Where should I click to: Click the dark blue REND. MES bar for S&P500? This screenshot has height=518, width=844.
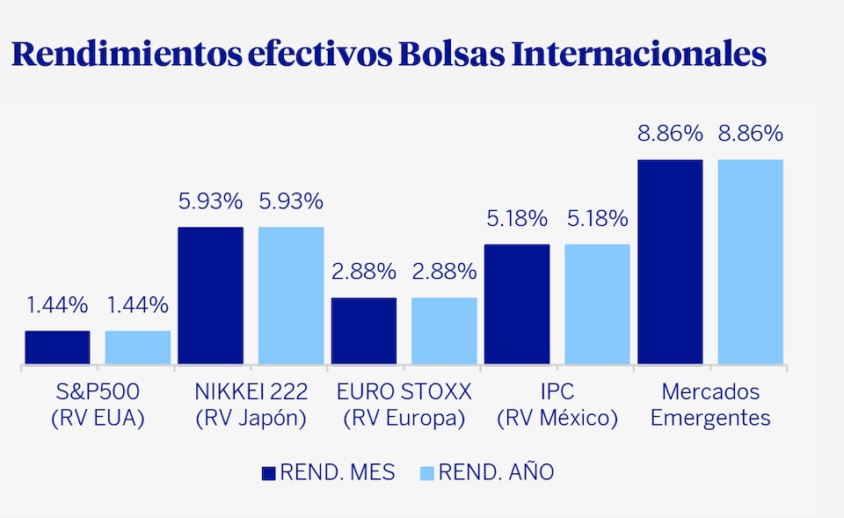pos(57,347)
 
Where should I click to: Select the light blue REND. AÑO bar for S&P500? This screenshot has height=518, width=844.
pos(138,347)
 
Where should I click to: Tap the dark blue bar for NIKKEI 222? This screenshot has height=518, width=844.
pos(210,295)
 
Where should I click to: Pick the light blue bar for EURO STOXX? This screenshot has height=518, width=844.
pos(444,331)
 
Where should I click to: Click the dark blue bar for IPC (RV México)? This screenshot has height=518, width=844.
pos(517,304)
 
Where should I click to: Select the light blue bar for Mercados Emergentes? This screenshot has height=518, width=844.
pos(750,262)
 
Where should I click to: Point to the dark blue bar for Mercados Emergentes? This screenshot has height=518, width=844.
pos(670,262)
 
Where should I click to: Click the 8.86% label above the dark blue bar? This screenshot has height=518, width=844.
pos(670,135)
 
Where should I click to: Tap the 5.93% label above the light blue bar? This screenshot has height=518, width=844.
pos(290,201)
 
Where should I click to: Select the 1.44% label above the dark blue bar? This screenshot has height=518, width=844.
pos(57,305)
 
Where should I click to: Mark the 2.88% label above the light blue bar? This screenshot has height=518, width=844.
pos(444,272)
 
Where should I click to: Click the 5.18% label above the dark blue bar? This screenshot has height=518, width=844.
pos(517,218)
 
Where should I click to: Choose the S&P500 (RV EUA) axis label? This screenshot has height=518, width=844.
pos(97,405)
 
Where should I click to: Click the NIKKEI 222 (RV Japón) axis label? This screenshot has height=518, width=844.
pos(251,405)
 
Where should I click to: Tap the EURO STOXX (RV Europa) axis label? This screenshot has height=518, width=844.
pos(404,405)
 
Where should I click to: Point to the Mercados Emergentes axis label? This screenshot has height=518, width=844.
pos(710,405)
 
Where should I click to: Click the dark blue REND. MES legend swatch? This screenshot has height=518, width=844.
pos(269,473)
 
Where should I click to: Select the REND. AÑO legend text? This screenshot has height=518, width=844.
pos(497,473)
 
